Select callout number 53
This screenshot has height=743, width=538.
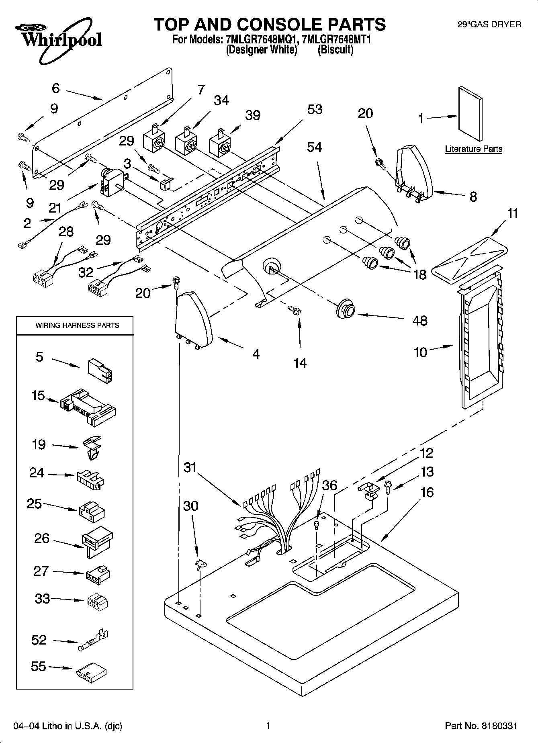315,110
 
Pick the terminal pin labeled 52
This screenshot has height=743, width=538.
93,642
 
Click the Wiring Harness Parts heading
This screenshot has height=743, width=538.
77,325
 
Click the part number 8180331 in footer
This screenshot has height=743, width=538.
497,726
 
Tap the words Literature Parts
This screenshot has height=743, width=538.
473,149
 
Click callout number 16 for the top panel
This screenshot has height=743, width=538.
427,492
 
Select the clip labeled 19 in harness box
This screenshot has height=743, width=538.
92,448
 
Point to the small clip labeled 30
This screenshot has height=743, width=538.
199,564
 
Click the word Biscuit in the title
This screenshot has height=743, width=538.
335,50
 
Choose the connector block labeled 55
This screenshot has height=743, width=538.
90,671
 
